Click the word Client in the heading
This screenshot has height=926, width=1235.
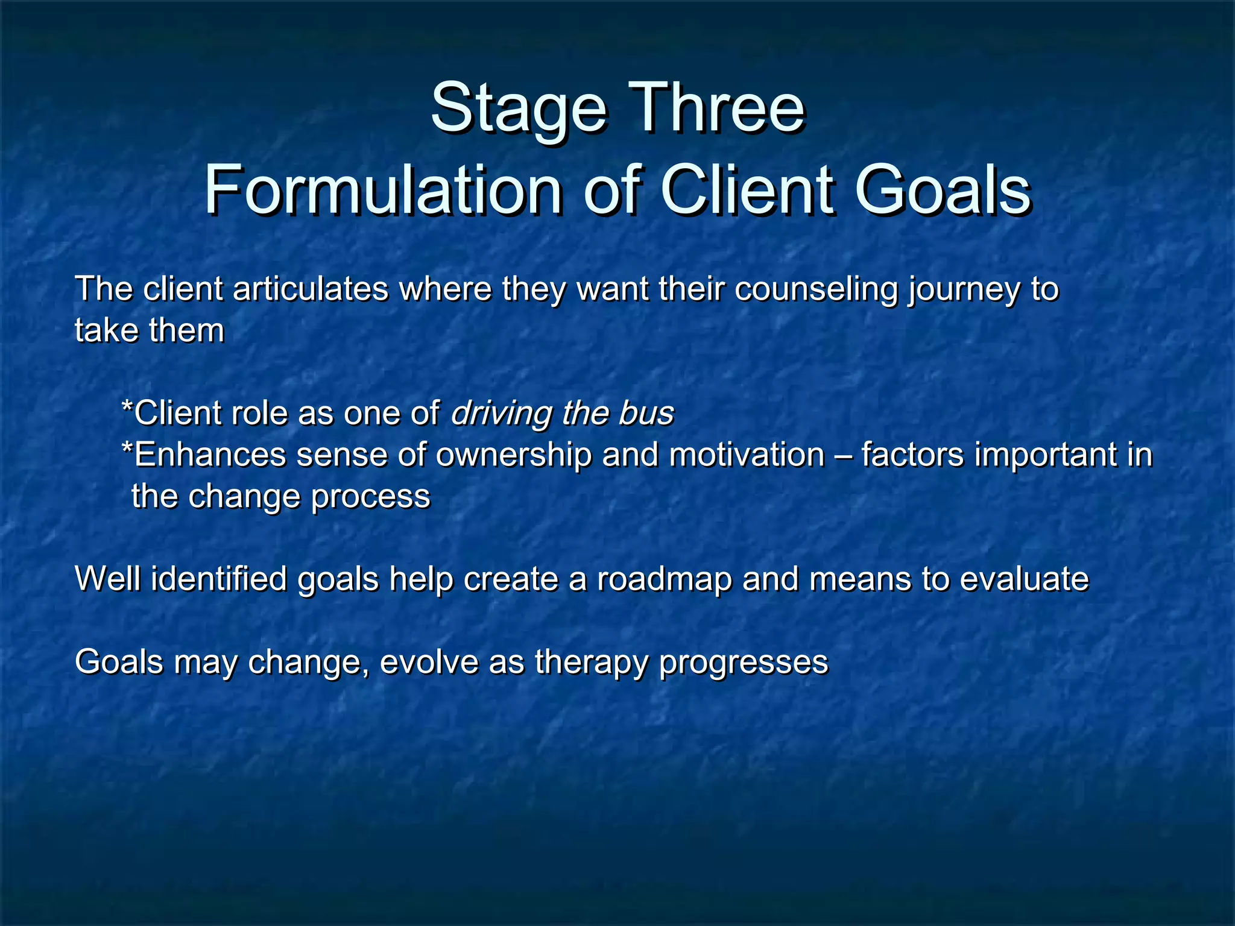[x=748, y=191]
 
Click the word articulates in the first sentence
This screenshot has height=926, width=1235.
[x=310, y=289]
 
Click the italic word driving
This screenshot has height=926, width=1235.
[x=501, y=414]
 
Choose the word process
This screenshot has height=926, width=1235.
[x=370, y=497]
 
